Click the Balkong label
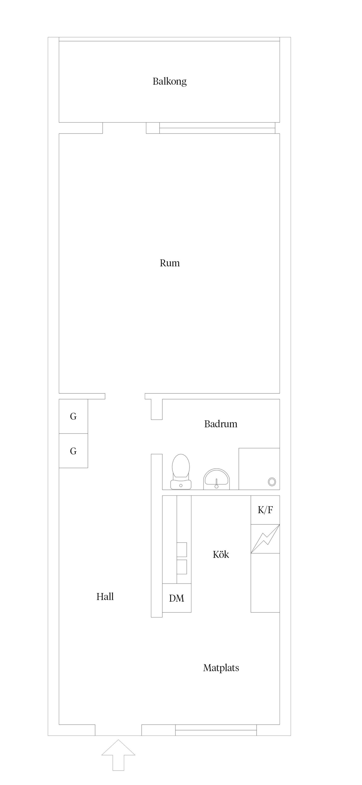point(169,81)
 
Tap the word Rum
point(170,263)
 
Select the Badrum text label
point(221,424)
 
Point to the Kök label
point(221,554)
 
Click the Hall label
point(105,596)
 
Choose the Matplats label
point(221,668)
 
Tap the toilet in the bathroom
point(181,471)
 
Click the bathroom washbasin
point(216,479)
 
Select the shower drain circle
point(272,482)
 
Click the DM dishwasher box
point(177,598)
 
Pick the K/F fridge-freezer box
point(265,510)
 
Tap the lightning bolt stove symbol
point(265,539)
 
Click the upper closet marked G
point(73,416)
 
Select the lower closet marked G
point(73,451)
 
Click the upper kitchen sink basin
point(182,549)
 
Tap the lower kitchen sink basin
point(182,567)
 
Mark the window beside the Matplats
point(216,730)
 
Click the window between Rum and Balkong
point(217,128)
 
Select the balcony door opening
point(124,128)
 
